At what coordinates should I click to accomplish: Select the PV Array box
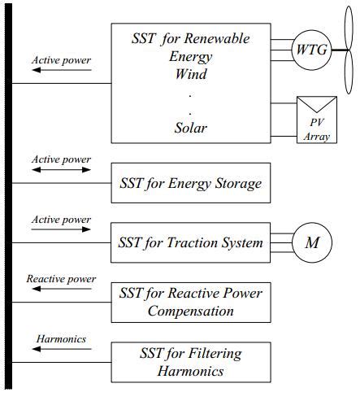(x=318, y=120)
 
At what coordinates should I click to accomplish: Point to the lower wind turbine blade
(x=349, y=74)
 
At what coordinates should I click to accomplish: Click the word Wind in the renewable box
(x=191, y=74)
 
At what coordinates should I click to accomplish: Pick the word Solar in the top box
(x=191, y=128)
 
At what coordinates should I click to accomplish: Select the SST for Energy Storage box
(x=190, y=183)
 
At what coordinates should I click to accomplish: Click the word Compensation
(x=191, y=310)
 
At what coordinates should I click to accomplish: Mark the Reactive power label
(x=61, y=279)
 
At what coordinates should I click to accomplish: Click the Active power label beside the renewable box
(x=61, y=60)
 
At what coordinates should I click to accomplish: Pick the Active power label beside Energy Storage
(x=61, y=159)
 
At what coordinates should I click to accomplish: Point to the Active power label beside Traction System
(x=61, y=220)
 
